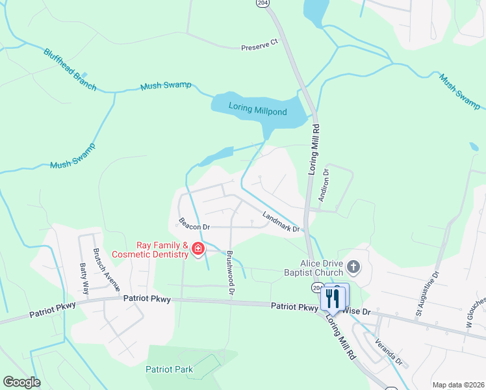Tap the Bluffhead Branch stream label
(70, 70)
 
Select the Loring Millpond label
(258, 112)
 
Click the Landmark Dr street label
(280, 222)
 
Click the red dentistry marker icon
(196, 249)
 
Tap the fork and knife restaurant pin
(333, 298)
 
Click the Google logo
(21, 382)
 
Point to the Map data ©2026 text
(457, 385)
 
